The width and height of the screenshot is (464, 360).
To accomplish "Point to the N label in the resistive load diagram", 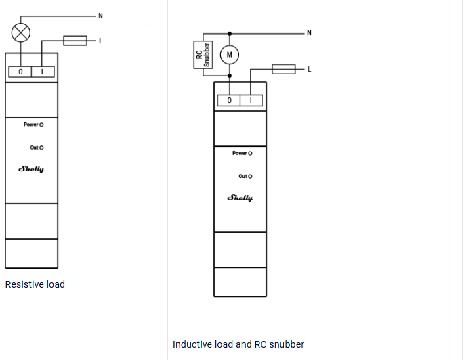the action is (101, 16).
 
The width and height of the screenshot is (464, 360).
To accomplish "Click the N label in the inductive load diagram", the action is (309, 32).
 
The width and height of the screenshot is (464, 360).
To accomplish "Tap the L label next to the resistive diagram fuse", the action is (101, 41).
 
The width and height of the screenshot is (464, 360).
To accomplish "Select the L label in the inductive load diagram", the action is (310, 70).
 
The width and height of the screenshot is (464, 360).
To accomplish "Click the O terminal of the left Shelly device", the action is (20, 72).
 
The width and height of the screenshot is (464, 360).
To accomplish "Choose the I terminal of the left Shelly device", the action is (43, 72).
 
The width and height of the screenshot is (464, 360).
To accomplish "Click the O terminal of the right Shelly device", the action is (229, 101).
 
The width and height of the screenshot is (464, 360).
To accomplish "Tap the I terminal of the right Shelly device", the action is (251, 101).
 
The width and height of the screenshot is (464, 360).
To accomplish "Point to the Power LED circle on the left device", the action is (41, 125).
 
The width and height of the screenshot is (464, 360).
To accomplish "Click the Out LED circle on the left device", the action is (41, 148).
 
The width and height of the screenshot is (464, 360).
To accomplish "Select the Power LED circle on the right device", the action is (250, 154).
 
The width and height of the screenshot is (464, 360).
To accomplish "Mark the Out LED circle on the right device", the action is (250, 177).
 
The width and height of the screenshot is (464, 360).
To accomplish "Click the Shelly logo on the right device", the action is (240, 198).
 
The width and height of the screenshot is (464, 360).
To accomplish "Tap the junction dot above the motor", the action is (230, 34).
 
